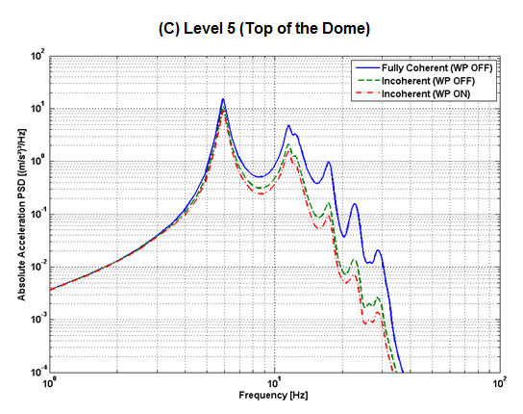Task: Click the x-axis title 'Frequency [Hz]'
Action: [275, 395]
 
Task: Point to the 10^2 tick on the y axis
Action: [38, 57]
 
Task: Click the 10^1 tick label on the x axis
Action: [276, 383]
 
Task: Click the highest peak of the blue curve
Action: [223, 99]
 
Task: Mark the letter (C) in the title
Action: [169, 29]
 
